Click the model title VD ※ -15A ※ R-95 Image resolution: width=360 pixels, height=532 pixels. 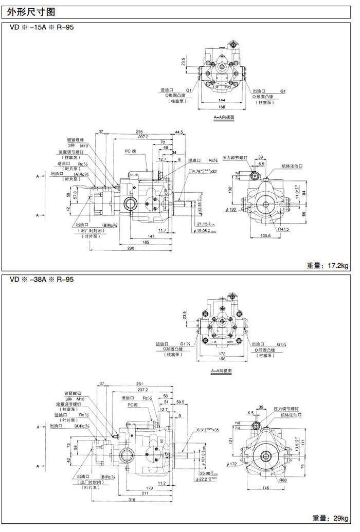(x=42, y=27)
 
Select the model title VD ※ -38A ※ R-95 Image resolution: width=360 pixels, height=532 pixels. (x=42, y=280)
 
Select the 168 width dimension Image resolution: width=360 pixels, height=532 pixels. (x=222, y=107)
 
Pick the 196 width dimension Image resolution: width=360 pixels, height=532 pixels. (x=222, y=358)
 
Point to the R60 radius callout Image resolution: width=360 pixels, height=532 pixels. (x=283, y=480)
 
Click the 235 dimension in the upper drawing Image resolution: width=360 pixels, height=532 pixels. (x=140, y=132)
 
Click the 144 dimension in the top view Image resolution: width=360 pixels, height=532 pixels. (x=222, y=101)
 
